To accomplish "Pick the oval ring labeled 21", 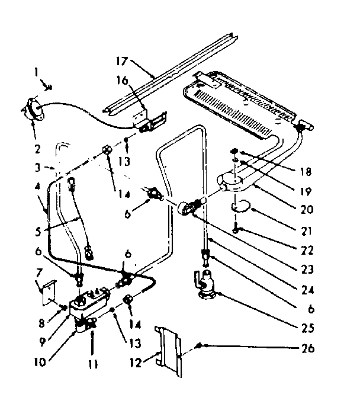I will click(x=243, y=207).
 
